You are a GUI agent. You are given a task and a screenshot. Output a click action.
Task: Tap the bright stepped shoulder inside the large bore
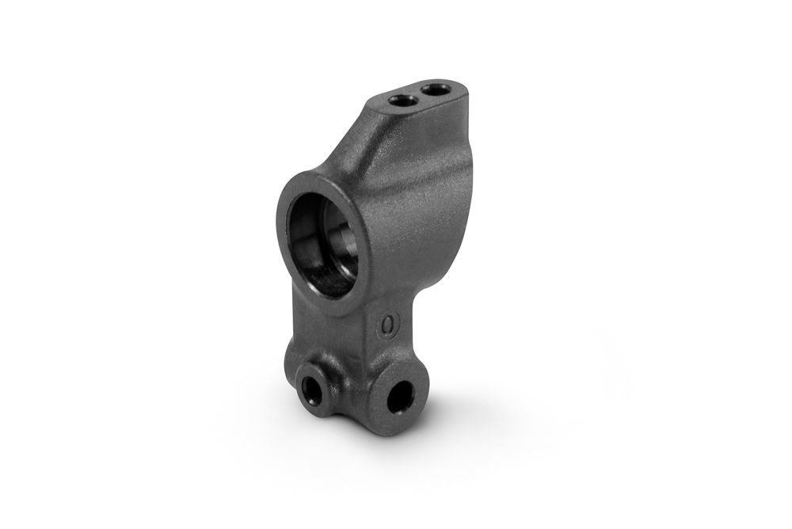pos(336,238)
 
